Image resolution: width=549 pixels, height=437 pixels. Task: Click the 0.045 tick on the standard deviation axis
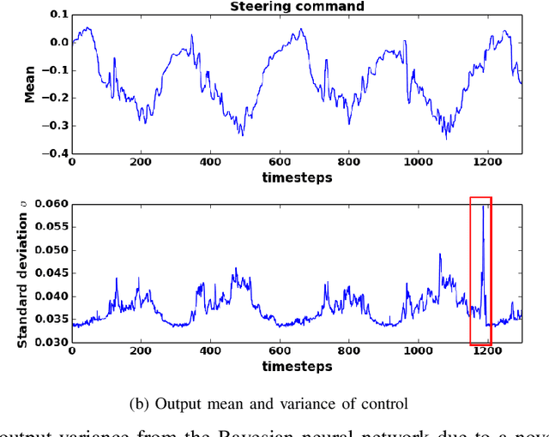[x=51, y=274]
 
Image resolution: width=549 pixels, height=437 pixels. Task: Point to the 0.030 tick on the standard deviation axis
[x=51, y=343]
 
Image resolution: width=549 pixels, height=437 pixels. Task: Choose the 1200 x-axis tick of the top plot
[x=486, y=162]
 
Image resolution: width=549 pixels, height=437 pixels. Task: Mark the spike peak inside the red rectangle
[x=483, y=207]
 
